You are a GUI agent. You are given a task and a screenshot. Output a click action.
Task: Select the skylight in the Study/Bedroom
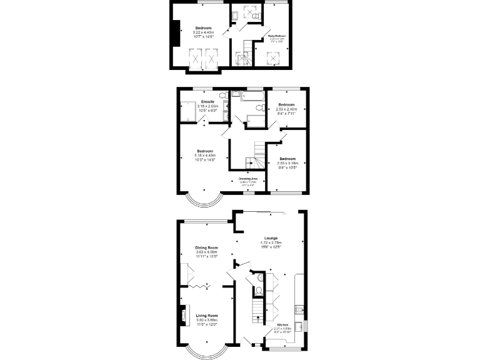coord(273,59)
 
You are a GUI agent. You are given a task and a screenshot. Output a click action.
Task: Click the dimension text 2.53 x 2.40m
coord(286,109)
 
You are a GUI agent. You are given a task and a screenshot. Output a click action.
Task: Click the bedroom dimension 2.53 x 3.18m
coord(287,163)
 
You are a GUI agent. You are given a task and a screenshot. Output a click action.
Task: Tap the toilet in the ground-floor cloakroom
coord(258,291)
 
